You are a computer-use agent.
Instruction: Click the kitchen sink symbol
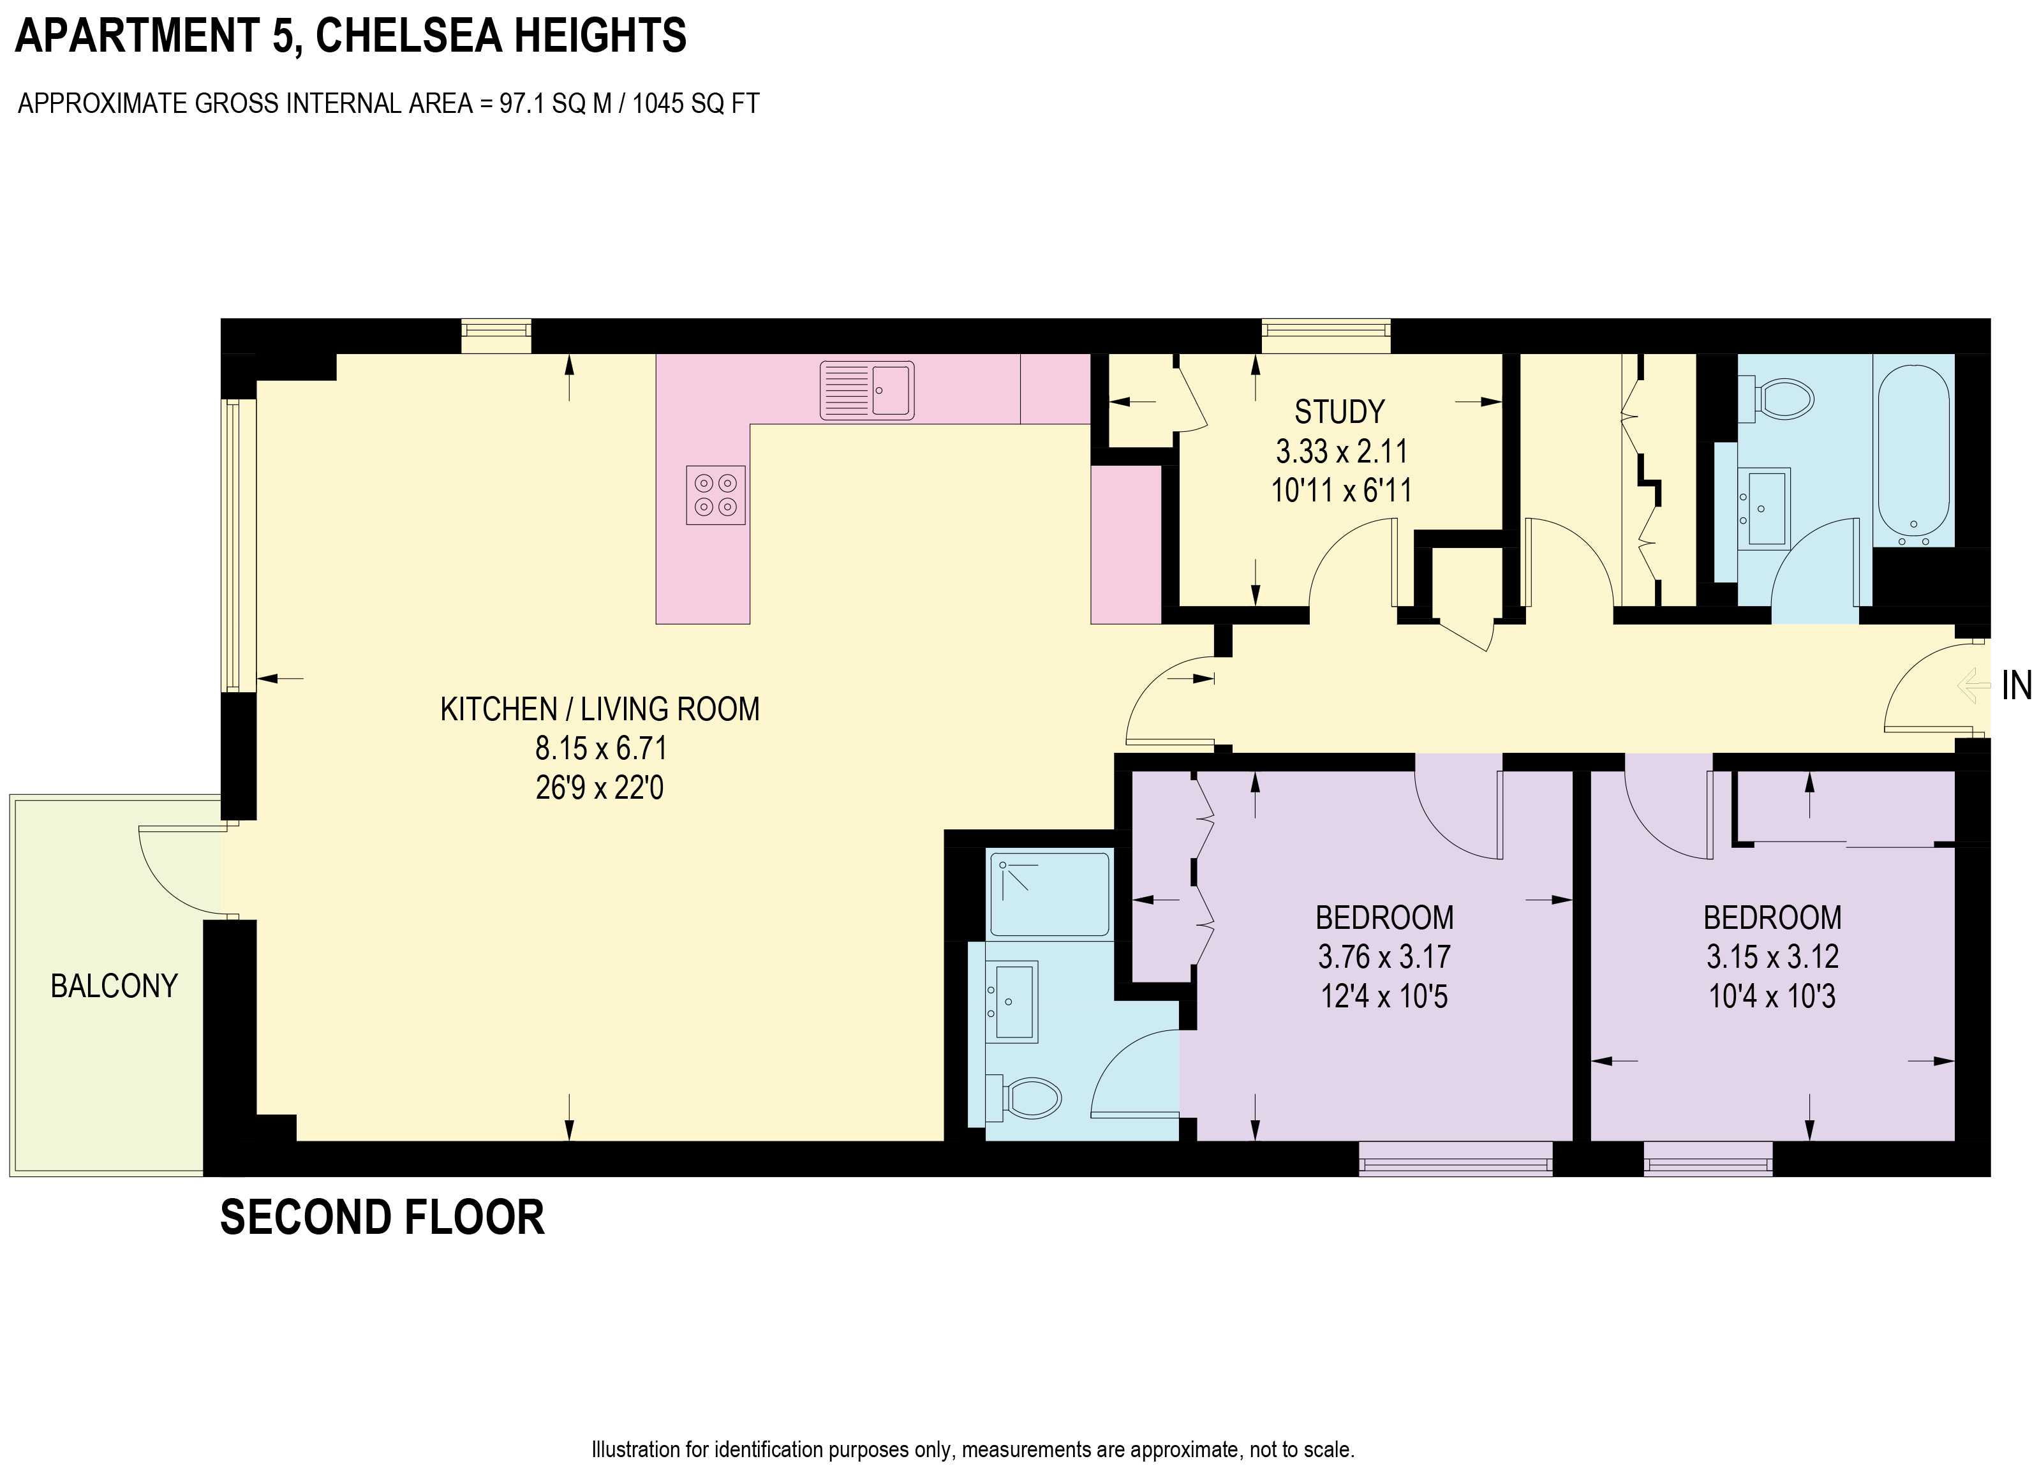[x=866, y=390]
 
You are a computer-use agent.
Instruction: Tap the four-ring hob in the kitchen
[x=716, y=494]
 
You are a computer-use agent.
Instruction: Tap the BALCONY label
[x=114, y=986]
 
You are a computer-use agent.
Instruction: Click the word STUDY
[x=1338, y=412]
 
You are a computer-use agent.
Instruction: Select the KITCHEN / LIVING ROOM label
[x=600, y=709]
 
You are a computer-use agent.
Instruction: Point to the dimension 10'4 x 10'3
[x=1772, y=997]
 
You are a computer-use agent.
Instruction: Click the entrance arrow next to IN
[x=1973, y=686]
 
